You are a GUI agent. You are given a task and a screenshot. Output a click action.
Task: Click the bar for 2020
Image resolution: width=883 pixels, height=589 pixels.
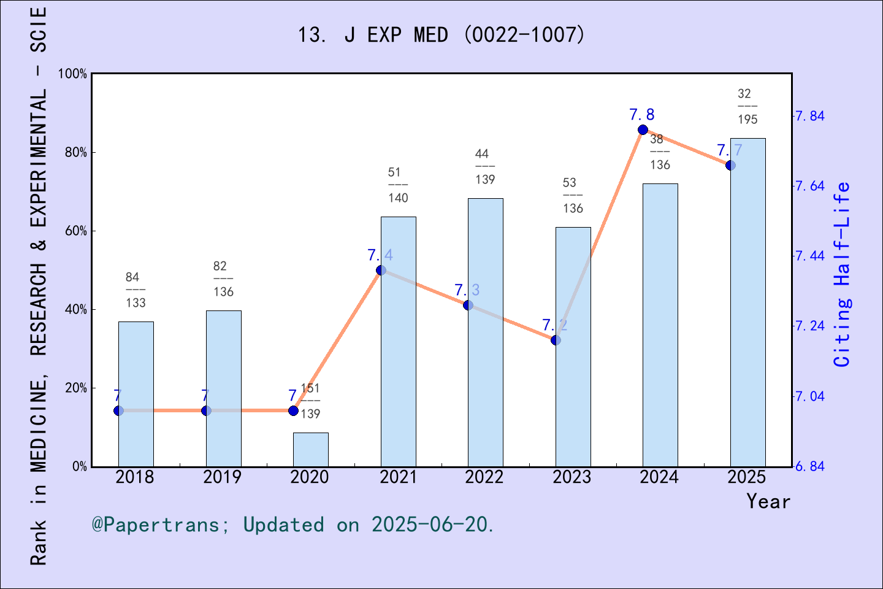310,450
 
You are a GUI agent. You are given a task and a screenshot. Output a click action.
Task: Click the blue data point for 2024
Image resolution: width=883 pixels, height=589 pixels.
643,129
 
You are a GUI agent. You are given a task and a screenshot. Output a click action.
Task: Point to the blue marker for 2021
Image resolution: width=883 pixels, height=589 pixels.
381,270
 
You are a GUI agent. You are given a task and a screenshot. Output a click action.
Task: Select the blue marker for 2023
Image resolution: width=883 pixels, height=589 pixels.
556,340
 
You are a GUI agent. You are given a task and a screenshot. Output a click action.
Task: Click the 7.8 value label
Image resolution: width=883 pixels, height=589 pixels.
641,115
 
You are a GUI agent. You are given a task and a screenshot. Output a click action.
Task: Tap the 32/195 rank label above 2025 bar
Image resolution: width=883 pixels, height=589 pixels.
747,106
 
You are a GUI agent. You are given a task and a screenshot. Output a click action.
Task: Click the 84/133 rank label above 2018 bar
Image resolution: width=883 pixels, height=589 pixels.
136,290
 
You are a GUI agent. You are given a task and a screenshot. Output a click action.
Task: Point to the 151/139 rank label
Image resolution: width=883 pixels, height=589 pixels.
310,401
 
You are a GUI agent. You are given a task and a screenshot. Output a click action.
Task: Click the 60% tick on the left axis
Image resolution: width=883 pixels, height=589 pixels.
76,231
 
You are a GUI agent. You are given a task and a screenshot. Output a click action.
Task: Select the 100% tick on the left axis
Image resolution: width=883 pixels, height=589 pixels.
73,74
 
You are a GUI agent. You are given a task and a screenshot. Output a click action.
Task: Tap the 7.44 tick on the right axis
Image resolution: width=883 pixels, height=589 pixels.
809,256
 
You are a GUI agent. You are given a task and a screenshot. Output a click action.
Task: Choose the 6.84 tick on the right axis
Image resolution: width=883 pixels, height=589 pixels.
809,466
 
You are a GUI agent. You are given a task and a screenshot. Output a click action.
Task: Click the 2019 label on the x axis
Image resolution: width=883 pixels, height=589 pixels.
222,477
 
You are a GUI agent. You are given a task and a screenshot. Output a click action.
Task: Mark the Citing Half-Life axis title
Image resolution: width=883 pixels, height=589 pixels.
842,274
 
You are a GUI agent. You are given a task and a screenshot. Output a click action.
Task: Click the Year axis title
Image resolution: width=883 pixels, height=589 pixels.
768,501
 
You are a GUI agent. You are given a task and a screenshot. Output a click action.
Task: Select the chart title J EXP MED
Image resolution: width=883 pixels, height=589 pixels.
441,35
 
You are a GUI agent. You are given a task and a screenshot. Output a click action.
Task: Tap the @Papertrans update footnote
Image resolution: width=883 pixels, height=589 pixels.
292,525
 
